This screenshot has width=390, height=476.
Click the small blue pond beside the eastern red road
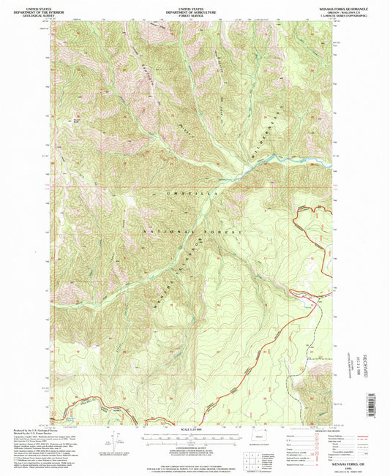pos(302,296)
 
